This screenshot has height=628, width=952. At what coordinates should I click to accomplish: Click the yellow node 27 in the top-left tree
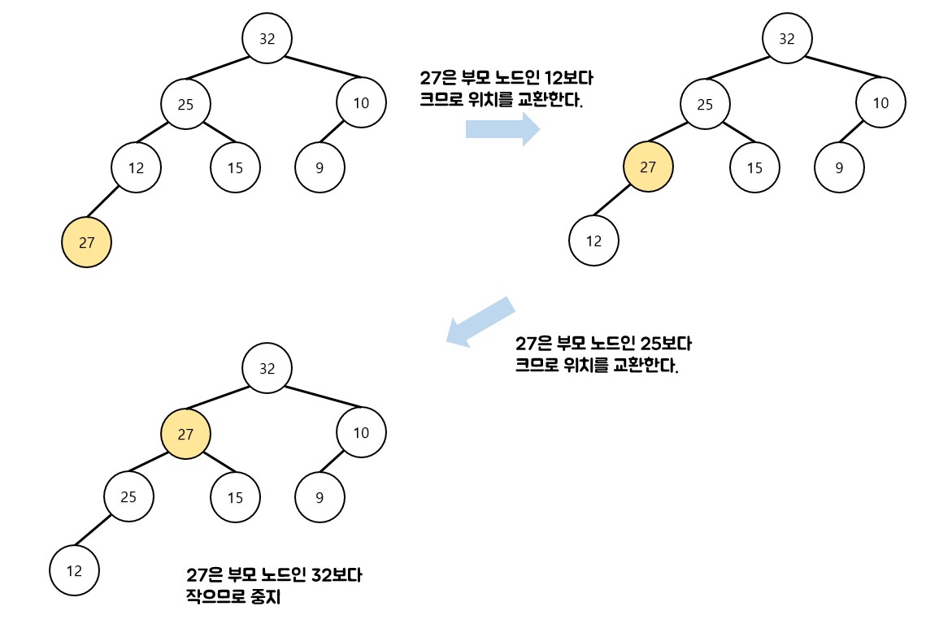pyautogui.click(x=86, y=242)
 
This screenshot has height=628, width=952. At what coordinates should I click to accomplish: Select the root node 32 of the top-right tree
pyautogui.click(x=787, y=38)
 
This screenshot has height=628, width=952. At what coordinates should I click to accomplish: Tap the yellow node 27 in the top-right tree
pyautogui.click(x=648, y=167)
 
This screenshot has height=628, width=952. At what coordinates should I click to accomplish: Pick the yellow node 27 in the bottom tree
pyautogui.click(x=185, y=434)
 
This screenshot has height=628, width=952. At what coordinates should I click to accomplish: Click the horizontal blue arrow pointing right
pyautogui.click(x=502, y=129)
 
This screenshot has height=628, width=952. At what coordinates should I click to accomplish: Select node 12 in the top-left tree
pyautogui.click(x=136, y=168)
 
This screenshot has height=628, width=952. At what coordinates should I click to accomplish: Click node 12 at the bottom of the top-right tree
pyautogui.click(x=593, y=241)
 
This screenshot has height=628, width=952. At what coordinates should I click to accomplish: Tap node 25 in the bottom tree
pyautogui.click(x=128, y=496)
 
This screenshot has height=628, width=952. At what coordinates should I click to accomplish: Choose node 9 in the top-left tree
pyautogui.click(x=320, y=168)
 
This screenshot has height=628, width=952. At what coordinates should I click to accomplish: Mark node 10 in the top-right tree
pyautogui.click(x=880, y=103)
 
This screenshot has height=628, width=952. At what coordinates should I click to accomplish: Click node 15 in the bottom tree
pyautogui.click(x=235, y=497)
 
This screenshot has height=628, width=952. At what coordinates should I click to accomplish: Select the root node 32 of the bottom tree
pyautogui.click(x=267, y=368)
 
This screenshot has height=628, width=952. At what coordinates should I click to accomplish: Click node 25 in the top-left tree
pyautogui.click(x=185, y=103)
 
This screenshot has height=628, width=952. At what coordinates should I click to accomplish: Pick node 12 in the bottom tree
pyautogui.click(x=74, y=570)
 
